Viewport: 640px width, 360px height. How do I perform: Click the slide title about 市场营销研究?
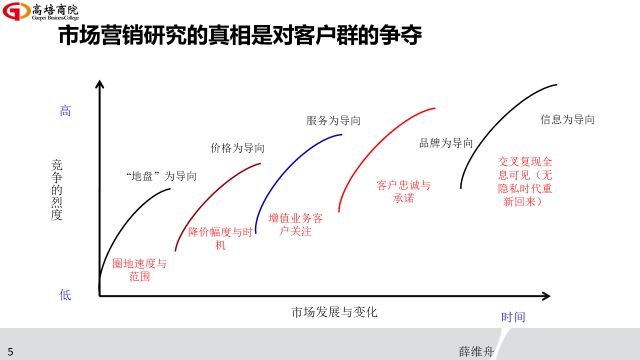point(239,38)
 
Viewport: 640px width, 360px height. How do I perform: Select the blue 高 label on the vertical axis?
point(66,112)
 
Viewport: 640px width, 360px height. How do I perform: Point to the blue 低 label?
point(65,294)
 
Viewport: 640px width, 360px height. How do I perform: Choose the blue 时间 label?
point(513,317)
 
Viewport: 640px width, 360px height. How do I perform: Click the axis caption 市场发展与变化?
point(334,311)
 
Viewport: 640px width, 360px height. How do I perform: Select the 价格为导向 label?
point(237,147)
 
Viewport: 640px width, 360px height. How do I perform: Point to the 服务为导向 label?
point(333,121)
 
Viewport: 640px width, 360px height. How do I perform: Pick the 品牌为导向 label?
point(445,143)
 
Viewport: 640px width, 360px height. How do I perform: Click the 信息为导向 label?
point(568,119)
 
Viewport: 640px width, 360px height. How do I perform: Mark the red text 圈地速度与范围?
point(139,270)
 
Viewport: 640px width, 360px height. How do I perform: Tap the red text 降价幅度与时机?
point(221,238)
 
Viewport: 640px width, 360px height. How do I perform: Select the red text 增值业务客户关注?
point(297,224)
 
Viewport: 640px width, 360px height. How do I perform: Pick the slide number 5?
point(10,351)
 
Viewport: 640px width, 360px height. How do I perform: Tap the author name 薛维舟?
point(477,351)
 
